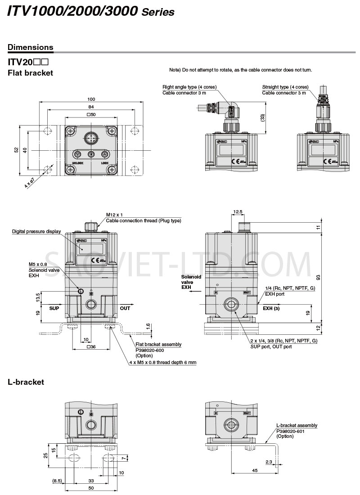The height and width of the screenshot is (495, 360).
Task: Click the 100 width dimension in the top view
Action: tap(91, 99)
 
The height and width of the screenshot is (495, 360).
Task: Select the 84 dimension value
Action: tap(91, 107)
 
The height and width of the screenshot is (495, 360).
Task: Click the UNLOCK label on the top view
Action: tap(77, 163)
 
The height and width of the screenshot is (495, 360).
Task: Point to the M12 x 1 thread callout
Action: tap(114, 215)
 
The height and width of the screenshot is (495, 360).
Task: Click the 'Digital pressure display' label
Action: tap(36, 232)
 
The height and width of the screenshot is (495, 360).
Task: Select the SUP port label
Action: tap(54, 308)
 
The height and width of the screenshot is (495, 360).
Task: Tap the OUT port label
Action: tap(125, 308)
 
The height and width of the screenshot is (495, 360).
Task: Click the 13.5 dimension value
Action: tap(38, 297)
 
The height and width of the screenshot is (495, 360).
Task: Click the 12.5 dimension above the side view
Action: tap(238, 211)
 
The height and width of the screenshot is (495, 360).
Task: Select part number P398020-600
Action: tap(149, 350)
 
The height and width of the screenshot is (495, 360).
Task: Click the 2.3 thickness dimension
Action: tap(269, 462)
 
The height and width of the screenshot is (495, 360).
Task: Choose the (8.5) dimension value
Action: tap(57, 481)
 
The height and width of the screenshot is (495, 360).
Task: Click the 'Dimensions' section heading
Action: tap(31, 47)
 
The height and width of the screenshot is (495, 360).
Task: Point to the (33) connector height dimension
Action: tap(262, 117)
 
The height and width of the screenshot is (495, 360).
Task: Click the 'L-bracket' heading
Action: tap(26, 382)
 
